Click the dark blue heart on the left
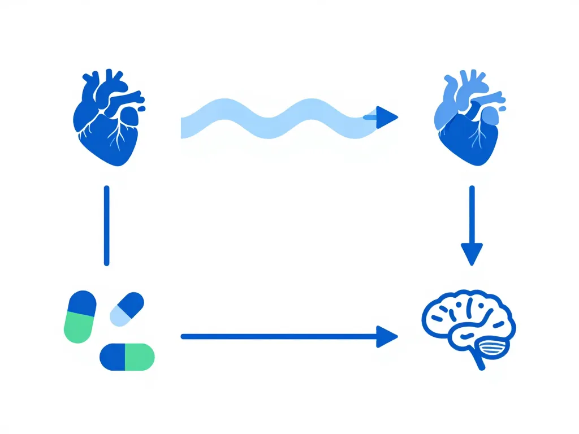(107, 121)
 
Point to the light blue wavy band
(271, 119)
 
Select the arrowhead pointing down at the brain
(472, 253)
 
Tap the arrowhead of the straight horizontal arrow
(386, 337)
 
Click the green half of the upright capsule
(79, 329)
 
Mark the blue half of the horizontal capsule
(113, 357)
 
